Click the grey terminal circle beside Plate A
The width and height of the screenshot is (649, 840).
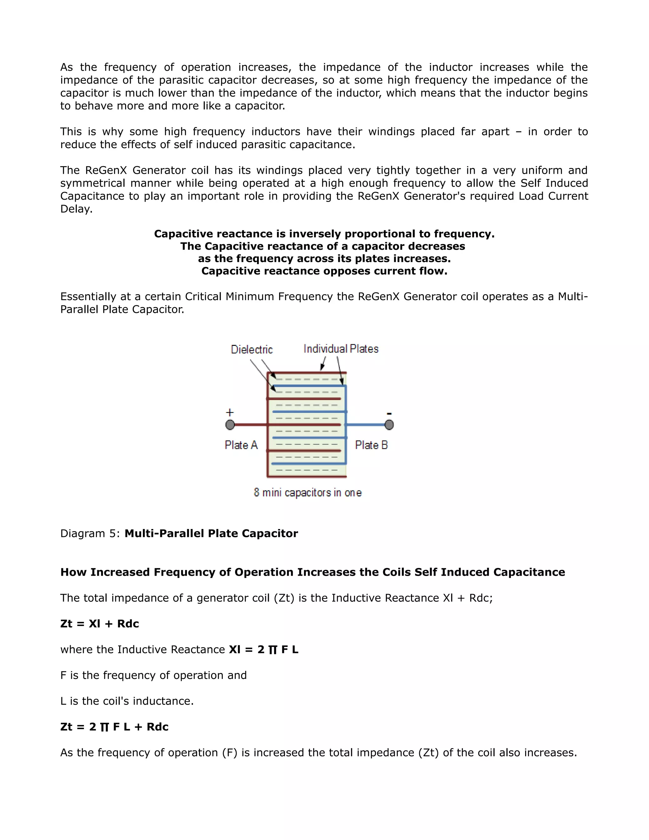click(x=230, y=425)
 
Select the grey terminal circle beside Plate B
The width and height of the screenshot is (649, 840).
click(x=389, y=425)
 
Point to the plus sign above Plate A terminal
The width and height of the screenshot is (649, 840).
click(x=229, y=412)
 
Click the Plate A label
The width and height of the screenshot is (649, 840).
click(x=241, y=445)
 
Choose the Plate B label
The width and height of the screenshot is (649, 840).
click(x=371, y=445)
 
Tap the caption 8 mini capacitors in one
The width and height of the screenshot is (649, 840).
click(x=308, y=492)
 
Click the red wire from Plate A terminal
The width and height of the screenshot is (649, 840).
click(x=250, y=425)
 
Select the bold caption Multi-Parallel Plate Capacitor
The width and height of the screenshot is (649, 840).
click(x=211, y=533)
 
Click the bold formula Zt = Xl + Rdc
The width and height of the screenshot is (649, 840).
click(x=100, y=624)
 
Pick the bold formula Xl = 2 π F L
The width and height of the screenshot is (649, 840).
click(x=263, y=649)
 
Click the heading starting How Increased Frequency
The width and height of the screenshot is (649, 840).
click(x=312, y=572)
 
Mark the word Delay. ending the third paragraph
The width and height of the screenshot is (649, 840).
click(x=76, y=209)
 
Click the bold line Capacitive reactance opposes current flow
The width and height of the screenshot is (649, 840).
click(x=324, y=271)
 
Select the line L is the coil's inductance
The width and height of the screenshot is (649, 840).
click(x=127, y=701)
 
